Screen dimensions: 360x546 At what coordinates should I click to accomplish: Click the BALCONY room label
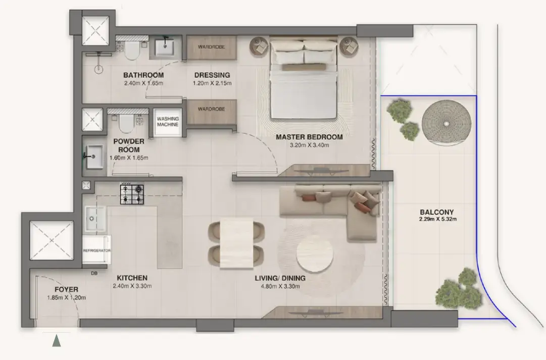pyautogui.click(x=436, y=212)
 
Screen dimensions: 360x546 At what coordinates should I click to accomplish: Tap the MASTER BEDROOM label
pyautogui.click(x=309, y=137)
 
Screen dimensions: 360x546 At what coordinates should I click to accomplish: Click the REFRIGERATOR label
pyautogui.click(x=96, y=250)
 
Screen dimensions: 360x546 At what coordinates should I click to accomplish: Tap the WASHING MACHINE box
pyautogui.click(x=167, y=122)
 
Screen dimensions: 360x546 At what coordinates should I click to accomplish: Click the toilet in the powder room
pyautogui.click(x=126, y=122)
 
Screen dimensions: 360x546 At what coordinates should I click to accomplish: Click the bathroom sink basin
pyautogui.click(x=165, y=48)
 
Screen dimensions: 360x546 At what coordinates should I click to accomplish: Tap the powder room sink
pyautogui.click(x=93, y=156)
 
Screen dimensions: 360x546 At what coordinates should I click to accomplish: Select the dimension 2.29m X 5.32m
pyautogui.click(x=436, y=220)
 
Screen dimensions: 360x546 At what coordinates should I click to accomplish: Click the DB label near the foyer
pyautogui.click(x=94, y=273)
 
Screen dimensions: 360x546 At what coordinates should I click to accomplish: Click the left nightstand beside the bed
pyautogui.click(x=260, y=46)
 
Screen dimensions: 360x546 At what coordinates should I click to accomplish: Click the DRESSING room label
pyautogui.click(x=212, y=75)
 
